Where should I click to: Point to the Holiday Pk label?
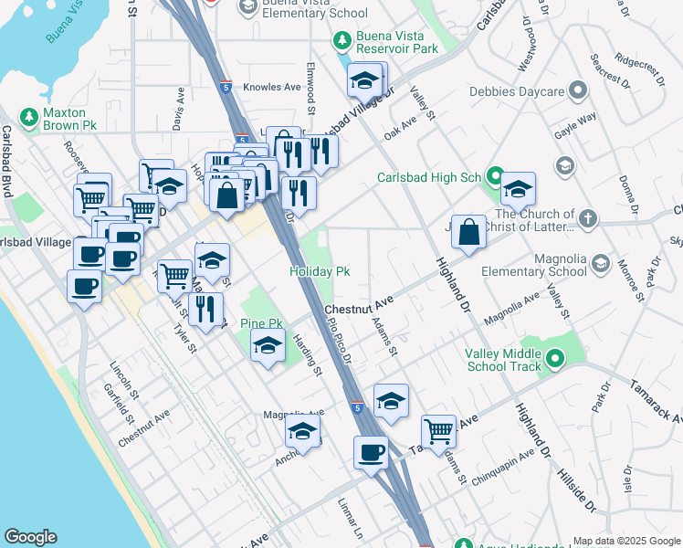pyautogui.click(x=320, y=271)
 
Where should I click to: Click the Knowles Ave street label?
pyautogui.click(x=278, y=88)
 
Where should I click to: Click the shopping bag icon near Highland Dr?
pyautogui.click(x=468, y=232)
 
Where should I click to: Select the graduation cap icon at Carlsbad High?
pyautogui.click(x=518, y=189)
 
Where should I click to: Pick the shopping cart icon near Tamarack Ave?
pyautogui.click(x=439, y=430)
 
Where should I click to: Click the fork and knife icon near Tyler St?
pyautogui.click(x=205, y=309)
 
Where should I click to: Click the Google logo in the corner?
pyautogui.click(x=30, y=537)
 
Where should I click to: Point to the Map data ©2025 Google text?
pyautogui.click(x=626, y=541)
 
